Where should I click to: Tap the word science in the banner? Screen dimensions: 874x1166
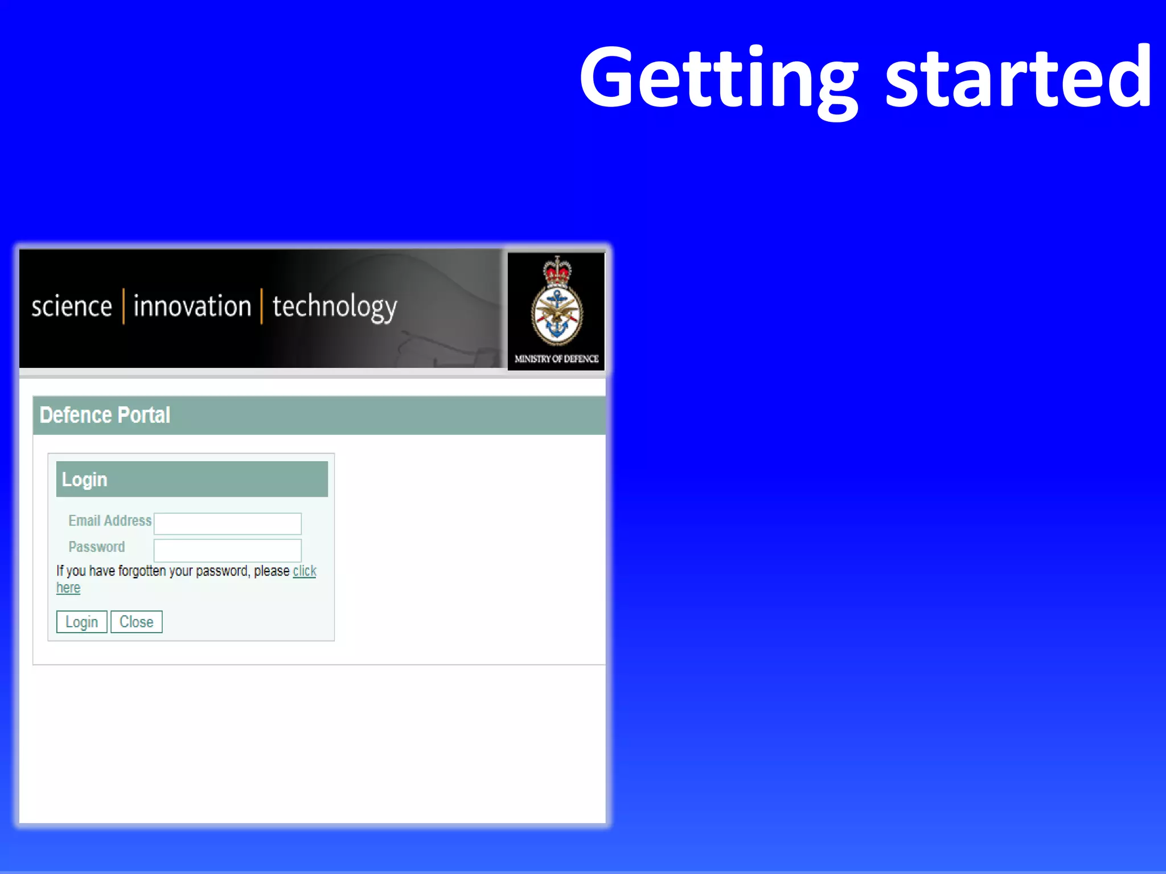click(72, 306)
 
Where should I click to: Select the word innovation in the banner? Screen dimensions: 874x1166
click(192, 306)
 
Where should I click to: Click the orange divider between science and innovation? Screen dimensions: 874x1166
click(124, 306)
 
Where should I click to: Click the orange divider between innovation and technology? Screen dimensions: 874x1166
click(262, 306)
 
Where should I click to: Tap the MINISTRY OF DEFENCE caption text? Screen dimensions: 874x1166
click(556, 359)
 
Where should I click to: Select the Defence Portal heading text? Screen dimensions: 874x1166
click(105, 415)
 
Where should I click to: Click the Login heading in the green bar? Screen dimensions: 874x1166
click(84, 479)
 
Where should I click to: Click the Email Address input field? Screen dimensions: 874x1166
click(228, 523)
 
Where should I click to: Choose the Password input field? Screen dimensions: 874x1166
click(228, 550)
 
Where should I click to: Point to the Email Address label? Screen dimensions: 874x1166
click(110, 520)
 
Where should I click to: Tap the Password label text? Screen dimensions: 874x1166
click(96, 547)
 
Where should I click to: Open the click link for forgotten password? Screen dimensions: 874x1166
click(305, 571)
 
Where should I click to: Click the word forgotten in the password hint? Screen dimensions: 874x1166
click(143, 571)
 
